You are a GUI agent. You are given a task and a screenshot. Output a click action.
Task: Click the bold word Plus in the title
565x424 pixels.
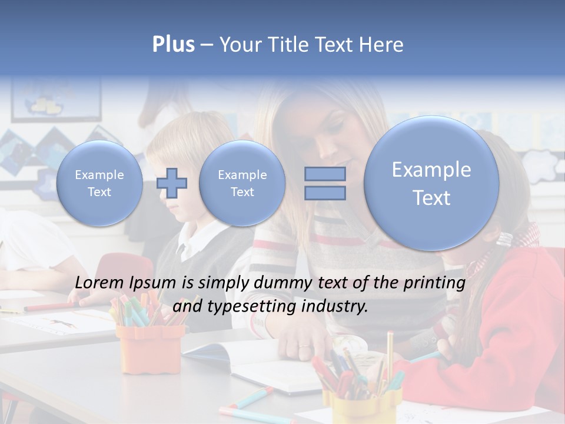(173, 45)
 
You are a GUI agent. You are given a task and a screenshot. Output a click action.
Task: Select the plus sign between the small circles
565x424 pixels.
(172, 183)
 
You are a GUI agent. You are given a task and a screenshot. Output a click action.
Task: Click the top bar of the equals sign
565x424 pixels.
(325, 174)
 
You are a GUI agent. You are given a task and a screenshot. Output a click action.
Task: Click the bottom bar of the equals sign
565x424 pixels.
(325, 193)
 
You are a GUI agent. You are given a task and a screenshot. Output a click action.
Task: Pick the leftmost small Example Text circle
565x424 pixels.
(99, 183)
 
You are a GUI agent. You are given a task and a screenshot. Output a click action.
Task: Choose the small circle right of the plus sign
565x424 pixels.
(242, 183)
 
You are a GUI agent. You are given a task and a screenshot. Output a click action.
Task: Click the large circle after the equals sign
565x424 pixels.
(431, 183)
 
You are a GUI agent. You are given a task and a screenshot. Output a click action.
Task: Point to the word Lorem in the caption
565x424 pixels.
(101, 283)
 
